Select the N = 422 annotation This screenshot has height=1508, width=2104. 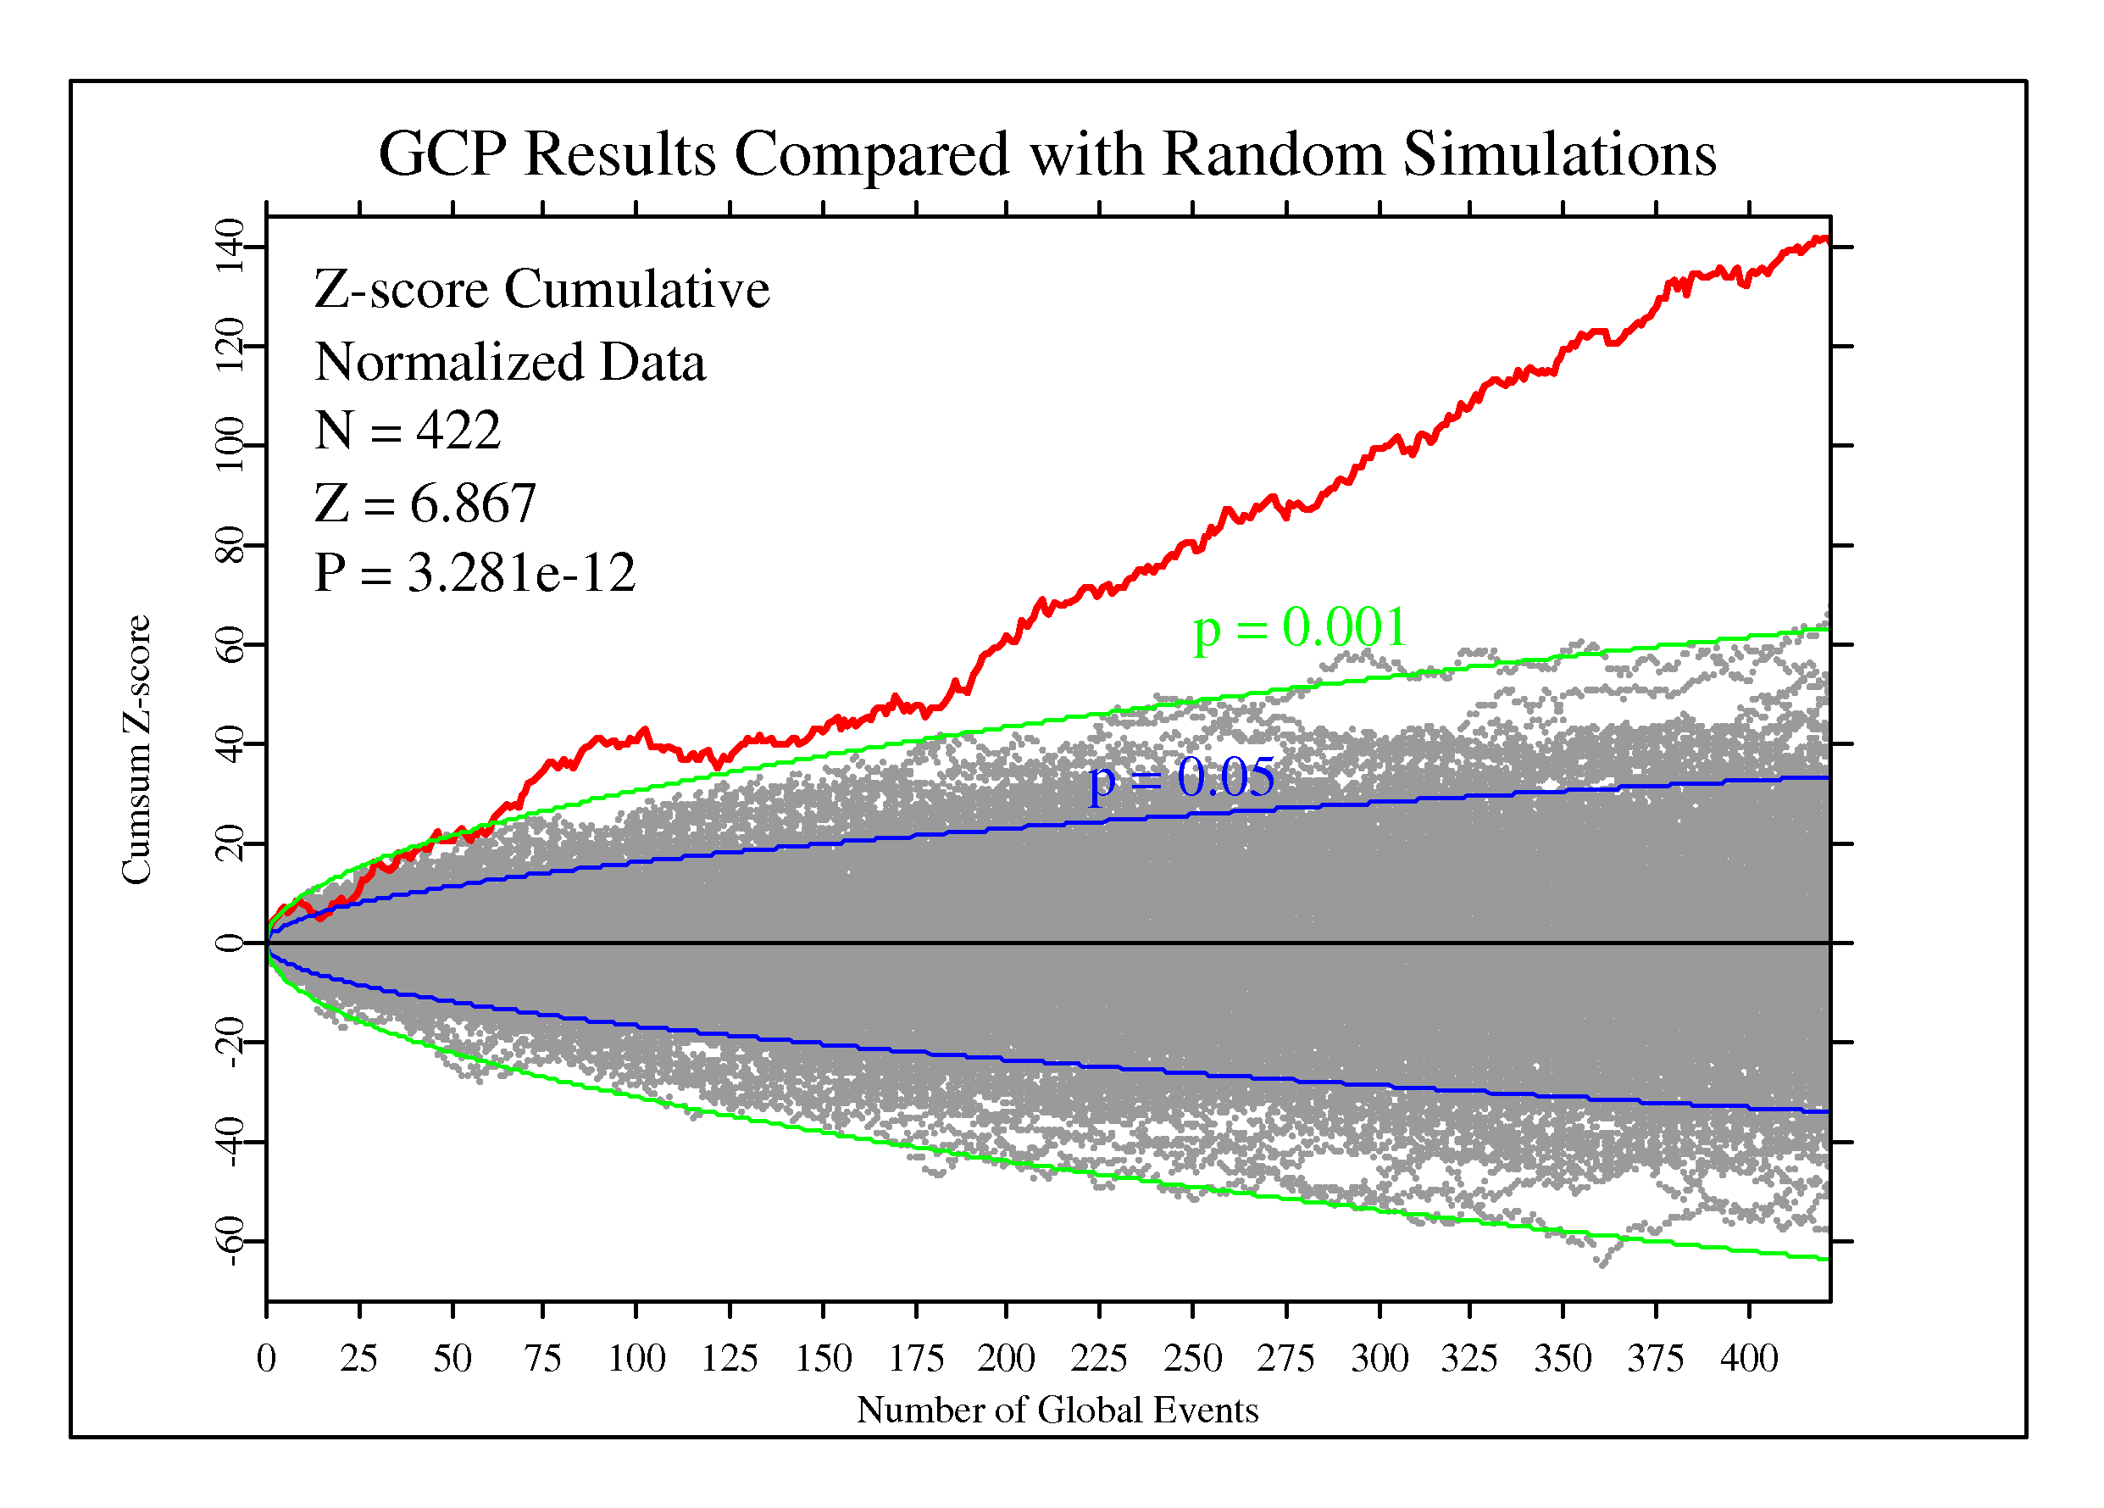point(408,430)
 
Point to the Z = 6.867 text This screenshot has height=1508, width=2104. point(425,503)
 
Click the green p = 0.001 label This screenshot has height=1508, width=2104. point(1300,628)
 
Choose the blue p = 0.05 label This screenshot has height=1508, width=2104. point(1181,777)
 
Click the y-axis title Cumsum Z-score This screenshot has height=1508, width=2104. point(136,750)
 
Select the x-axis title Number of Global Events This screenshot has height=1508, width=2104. point(1057,1410)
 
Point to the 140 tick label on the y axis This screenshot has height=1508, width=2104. point(229,247)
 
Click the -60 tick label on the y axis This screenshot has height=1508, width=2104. point(229,1241)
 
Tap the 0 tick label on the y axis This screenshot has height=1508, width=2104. point(229,943)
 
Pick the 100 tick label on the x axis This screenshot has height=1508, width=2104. point(636,1359)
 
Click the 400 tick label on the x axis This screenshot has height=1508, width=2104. point(1749,1359)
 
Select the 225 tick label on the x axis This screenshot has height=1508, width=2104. point(1098,1359)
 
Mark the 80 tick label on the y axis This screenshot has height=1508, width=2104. point(229,545)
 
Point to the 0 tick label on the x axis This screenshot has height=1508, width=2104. point(266,1359)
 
